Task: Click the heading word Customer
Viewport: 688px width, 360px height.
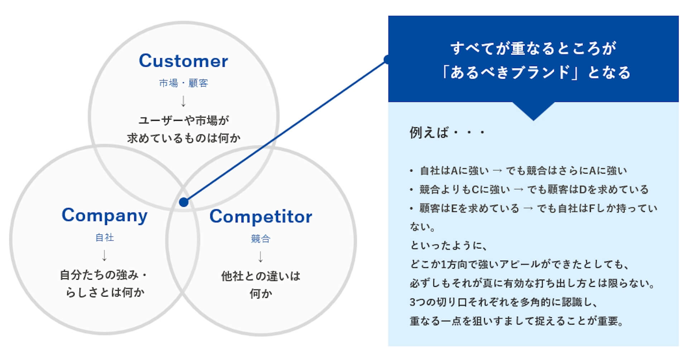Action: pos(183,61)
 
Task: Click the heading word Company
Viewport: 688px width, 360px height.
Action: pos(104,215)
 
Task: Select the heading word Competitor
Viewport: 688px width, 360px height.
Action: pos(261,217)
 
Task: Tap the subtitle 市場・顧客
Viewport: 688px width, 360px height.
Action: pos(183,83)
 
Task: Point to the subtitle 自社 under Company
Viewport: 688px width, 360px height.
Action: pos(104,237)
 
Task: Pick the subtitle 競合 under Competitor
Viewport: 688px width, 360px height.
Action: pos(261,238)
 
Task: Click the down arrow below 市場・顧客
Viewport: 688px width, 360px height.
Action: pos(183,101)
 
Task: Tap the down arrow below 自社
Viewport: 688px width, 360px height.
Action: pos(104,255)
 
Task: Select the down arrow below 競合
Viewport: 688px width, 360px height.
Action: pos(261,257)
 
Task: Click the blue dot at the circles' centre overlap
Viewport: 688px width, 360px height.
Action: pos(183,202)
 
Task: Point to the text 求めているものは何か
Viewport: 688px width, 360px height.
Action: pos(183,138)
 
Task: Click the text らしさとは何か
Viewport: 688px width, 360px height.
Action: pos(105,293)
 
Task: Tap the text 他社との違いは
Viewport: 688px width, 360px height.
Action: pos(261,276)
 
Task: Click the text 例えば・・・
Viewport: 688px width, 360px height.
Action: pos(447,133)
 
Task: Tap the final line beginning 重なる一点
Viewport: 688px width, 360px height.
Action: pos(517,321)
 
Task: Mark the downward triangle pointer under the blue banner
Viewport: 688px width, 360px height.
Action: pos(534,110)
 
